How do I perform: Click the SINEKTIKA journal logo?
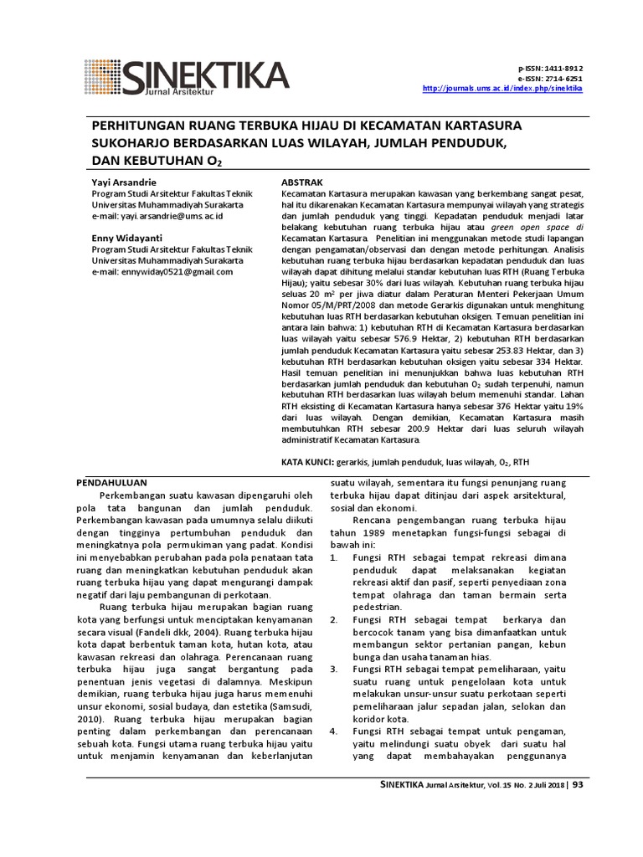[x=186, y=76]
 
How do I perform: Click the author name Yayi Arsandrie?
[x=123, y=182]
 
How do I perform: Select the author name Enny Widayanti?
[x=127, y=239]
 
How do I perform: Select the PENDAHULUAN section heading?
[x=112, y=483]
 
